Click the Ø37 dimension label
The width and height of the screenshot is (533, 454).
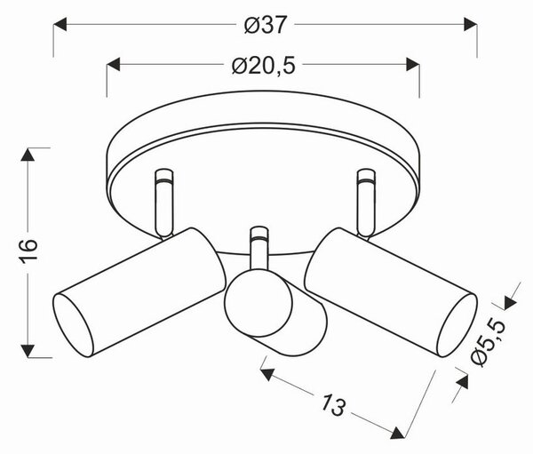266,25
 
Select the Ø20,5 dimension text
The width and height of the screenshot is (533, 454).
264,65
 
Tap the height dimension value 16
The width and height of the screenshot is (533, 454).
28,251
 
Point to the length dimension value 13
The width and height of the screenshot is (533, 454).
333,404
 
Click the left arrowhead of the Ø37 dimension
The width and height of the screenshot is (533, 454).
60,25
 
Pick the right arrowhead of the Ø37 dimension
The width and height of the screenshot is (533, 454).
471,25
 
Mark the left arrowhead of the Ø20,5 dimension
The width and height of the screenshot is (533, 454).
114,65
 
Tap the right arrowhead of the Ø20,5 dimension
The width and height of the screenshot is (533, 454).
413,65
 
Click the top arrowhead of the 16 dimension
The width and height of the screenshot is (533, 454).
28,155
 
